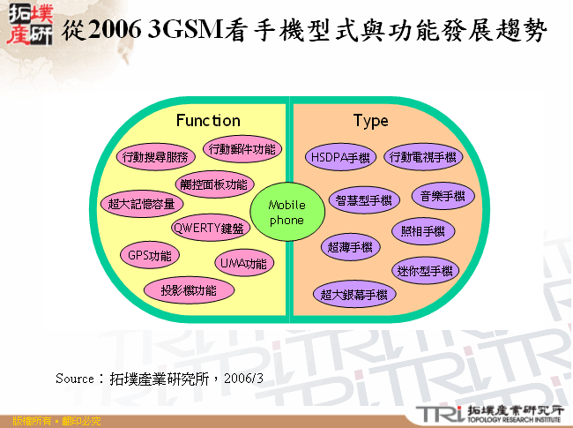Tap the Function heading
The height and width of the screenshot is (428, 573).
[x=208, y=120]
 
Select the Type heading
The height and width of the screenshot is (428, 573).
[x=370, y=120]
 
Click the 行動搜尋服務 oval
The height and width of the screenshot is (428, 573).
[x=155, y=157]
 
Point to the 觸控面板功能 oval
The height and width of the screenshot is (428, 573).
[x=212, y=184]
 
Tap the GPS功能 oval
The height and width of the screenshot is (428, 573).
[x=150, y=256]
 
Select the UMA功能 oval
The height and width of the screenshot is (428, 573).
[x=243, y=263]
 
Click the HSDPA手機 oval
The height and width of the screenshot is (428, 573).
[x=340, y=157]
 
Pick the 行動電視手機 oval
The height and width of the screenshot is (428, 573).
[x=423, y=157]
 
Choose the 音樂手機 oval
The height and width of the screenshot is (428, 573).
[x=443, y=195]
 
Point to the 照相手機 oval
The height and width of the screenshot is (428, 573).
[x=423, y=231]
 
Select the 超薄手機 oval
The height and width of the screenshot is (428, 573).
[x=349, y=247]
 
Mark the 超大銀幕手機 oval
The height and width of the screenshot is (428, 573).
[x=353, y=294]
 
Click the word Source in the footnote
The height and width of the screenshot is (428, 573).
[x=73, y=378]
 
